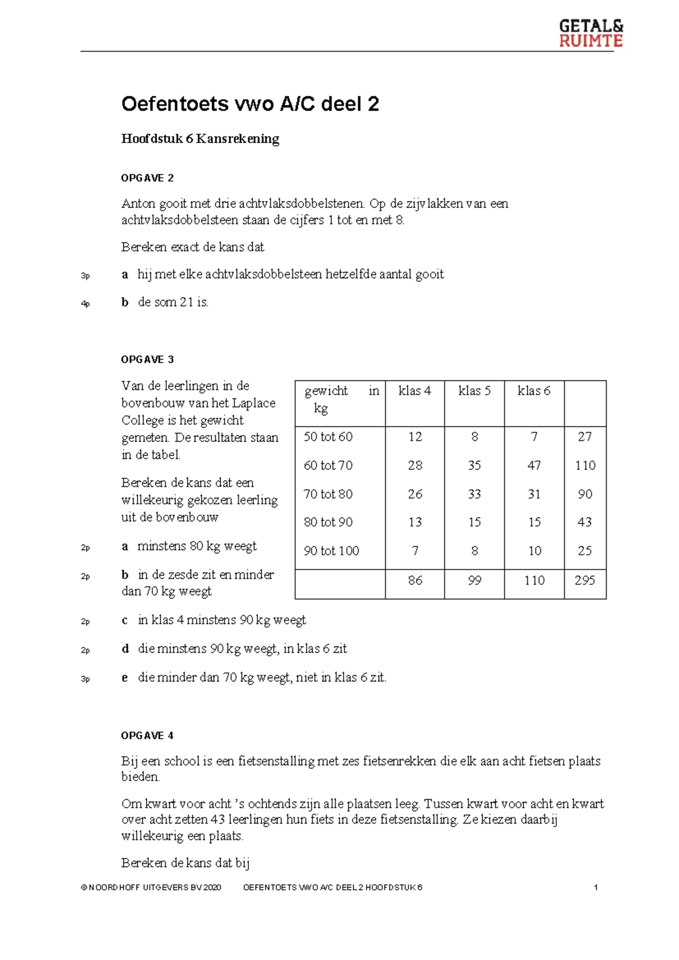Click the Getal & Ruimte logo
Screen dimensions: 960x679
click(591, 33)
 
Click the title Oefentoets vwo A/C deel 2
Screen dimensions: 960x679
click(250, 104)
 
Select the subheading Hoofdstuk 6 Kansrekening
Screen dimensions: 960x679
click(200, 139)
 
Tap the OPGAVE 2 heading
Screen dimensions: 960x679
click(147, 178)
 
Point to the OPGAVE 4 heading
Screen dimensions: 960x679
click(147, 736)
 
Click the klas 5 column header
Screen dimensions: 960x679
click(474, 391)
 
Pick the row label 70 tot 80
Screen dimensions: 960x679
click(328, 494)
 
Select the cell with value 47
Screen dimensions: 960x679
click(534, 465)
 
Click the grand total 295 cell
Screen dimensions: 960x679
click(585, 580)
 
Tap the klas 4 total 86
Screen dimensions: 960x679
click(415, 580)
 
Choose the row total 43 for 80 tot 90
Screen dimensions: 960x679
click(585, 522)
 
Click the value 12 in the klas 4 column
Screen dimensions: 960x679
click(415, 436)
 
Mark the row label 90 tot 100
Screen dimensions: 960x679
click(332, 551)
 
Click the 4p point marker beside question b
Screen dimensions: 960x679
click(85, 304)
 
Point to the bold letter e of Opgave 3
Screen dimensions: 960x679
click(124, 678)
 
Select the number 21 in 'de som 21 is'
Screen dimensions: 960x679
click(187, 302)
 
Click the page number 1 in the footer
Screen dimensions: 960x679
click(596, 888)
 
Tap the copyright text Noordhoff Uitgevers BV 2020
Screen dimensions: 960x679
click(151, 888)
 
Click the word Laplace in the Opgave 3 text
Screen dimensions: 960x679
click(253, 403)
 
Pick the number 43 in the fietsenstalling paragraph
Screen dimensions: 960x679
click(217, 819)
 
